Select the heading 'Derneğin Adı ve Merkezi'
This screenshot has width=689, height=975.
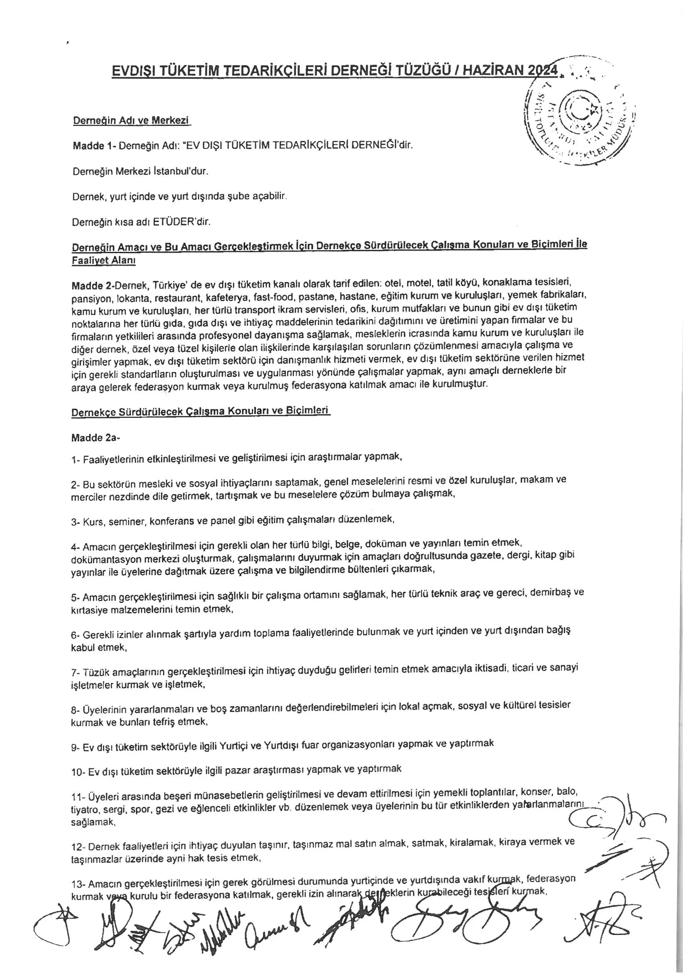(131, 121)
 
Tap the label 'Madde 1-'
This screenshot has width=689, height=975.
(94, 146)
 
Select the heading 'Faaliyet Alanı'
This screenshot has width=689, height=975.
(104, 261)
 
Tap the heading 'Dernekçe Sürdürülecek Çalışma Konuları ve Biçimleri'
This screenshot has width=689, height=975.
(200, 412)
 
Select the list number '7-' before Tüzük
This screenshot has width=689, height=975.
(75, 673)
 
